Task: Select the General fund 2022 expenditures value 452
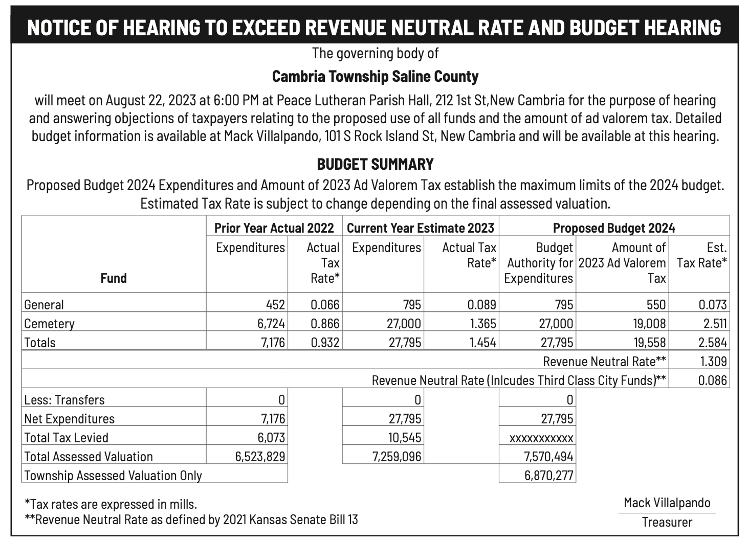[275, 304]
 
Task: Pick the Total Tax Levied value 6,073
[271, 438]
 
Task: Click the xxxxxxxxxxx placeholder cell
[541, 438]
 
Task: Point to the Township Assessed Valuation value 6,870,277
[548, 476]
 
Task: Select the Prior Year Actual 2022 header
[274, 228]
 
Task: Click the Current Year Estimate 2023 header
[421, 228]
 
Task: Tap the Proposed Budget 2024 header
[614, 228]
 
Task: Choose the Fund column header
[114, 278]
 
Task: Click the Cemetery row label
[50, 324]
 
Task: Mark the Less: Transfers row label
[64, 399]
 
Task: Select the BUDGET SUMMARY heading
[375, 164]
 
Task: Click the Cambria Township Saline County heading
[375, 76]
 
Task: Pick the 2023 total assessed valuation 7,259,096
[397, 457]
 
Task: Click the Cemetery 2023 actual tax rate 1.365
[483, 323]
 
